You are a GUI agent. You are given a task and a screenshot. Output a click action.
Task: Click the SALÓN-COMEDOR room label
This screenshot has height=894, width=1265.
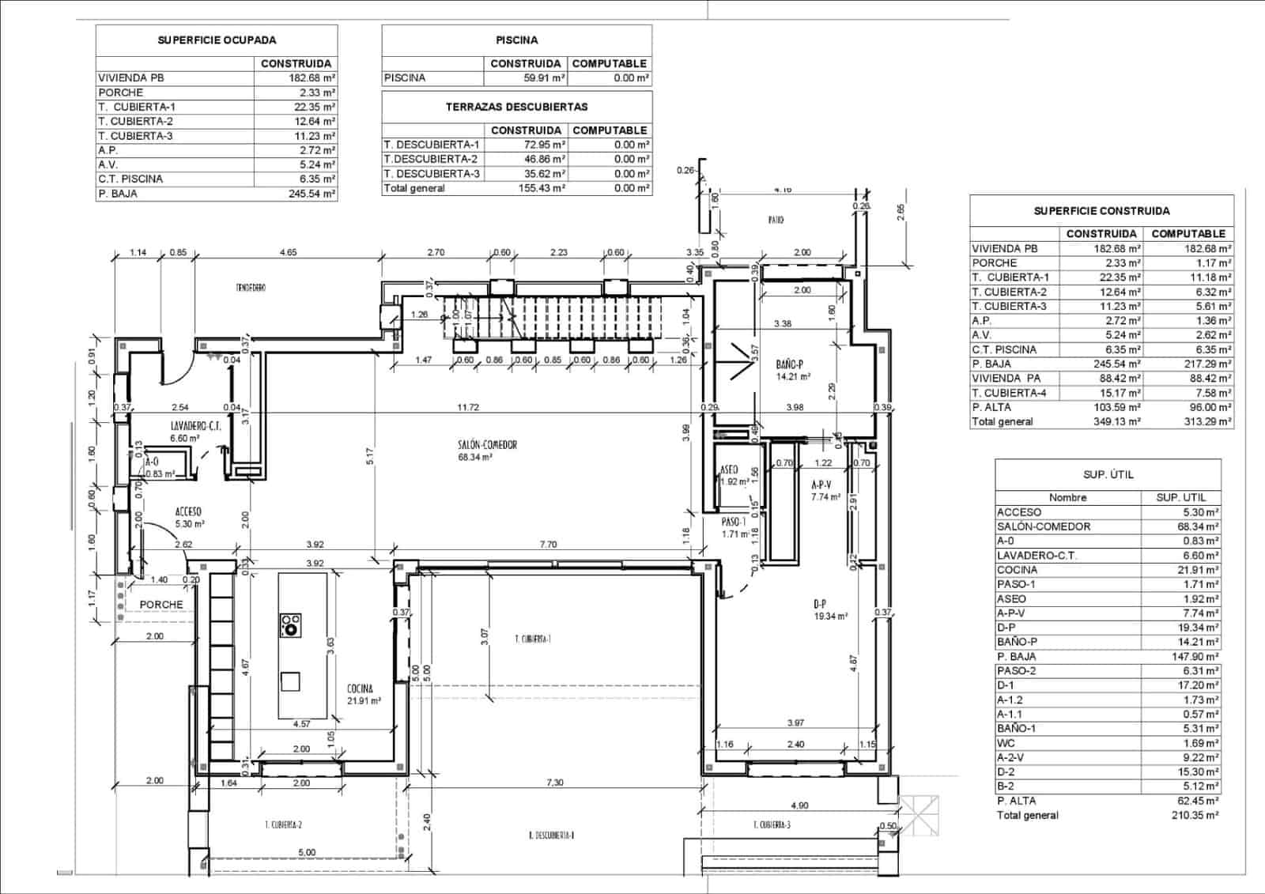click(487, 445)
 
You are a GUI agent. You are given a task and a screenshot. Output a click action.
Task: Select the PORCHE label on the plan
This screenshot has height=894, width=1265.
click(161, 605)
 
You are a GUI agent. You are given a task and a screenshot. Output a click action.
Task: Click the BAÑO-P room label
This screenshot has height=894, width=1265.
click(789, 364)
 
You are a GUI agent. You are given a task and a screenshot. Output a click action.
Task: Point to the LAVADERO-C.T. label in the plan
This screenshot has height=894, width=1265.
click(195, 425)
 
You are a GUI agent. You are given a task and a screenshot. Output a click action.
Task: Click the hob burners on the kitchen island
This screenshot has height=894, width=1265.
click(290, 624)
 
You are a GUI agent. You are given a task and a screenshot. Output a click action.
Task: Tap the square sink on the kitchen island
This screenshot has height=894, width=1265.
click(290, 681)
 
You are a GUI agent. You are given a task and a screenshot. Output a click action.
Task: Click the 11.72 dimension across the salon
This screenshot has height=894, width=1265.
click(468, 408)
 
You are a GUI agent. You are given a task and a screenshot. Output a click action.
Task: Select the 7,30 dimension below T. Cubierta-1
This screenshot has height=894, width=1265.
click(555, 783)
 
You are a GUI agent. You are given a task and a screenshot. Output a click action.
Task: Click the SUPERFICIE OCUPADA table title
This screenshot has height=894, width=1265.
click(217, 40)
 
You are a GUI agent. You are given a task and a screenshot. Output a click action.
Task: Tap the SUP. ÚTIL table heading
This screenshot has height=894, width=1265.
click(1108, 474)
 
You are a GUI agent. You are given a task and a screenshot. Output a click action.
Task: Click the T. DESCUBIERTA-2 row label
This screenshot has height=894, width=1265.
click(431, 159)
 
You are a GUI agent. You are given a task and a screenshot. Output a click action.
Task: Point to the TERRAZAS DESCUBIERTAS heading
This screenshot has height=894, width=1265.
click(516, 107)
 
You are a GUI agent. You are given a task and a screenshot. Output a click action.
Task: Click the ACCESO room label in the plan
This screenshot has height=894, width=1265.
click(189, 512)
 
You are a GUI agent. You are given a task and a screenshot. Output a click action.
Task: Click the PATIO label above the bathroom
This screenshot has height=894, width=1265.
click(776, 220)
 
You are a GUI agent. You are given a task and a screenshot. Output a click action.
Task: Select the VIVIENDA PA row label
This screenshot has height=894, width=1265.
click(1006, 378)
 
